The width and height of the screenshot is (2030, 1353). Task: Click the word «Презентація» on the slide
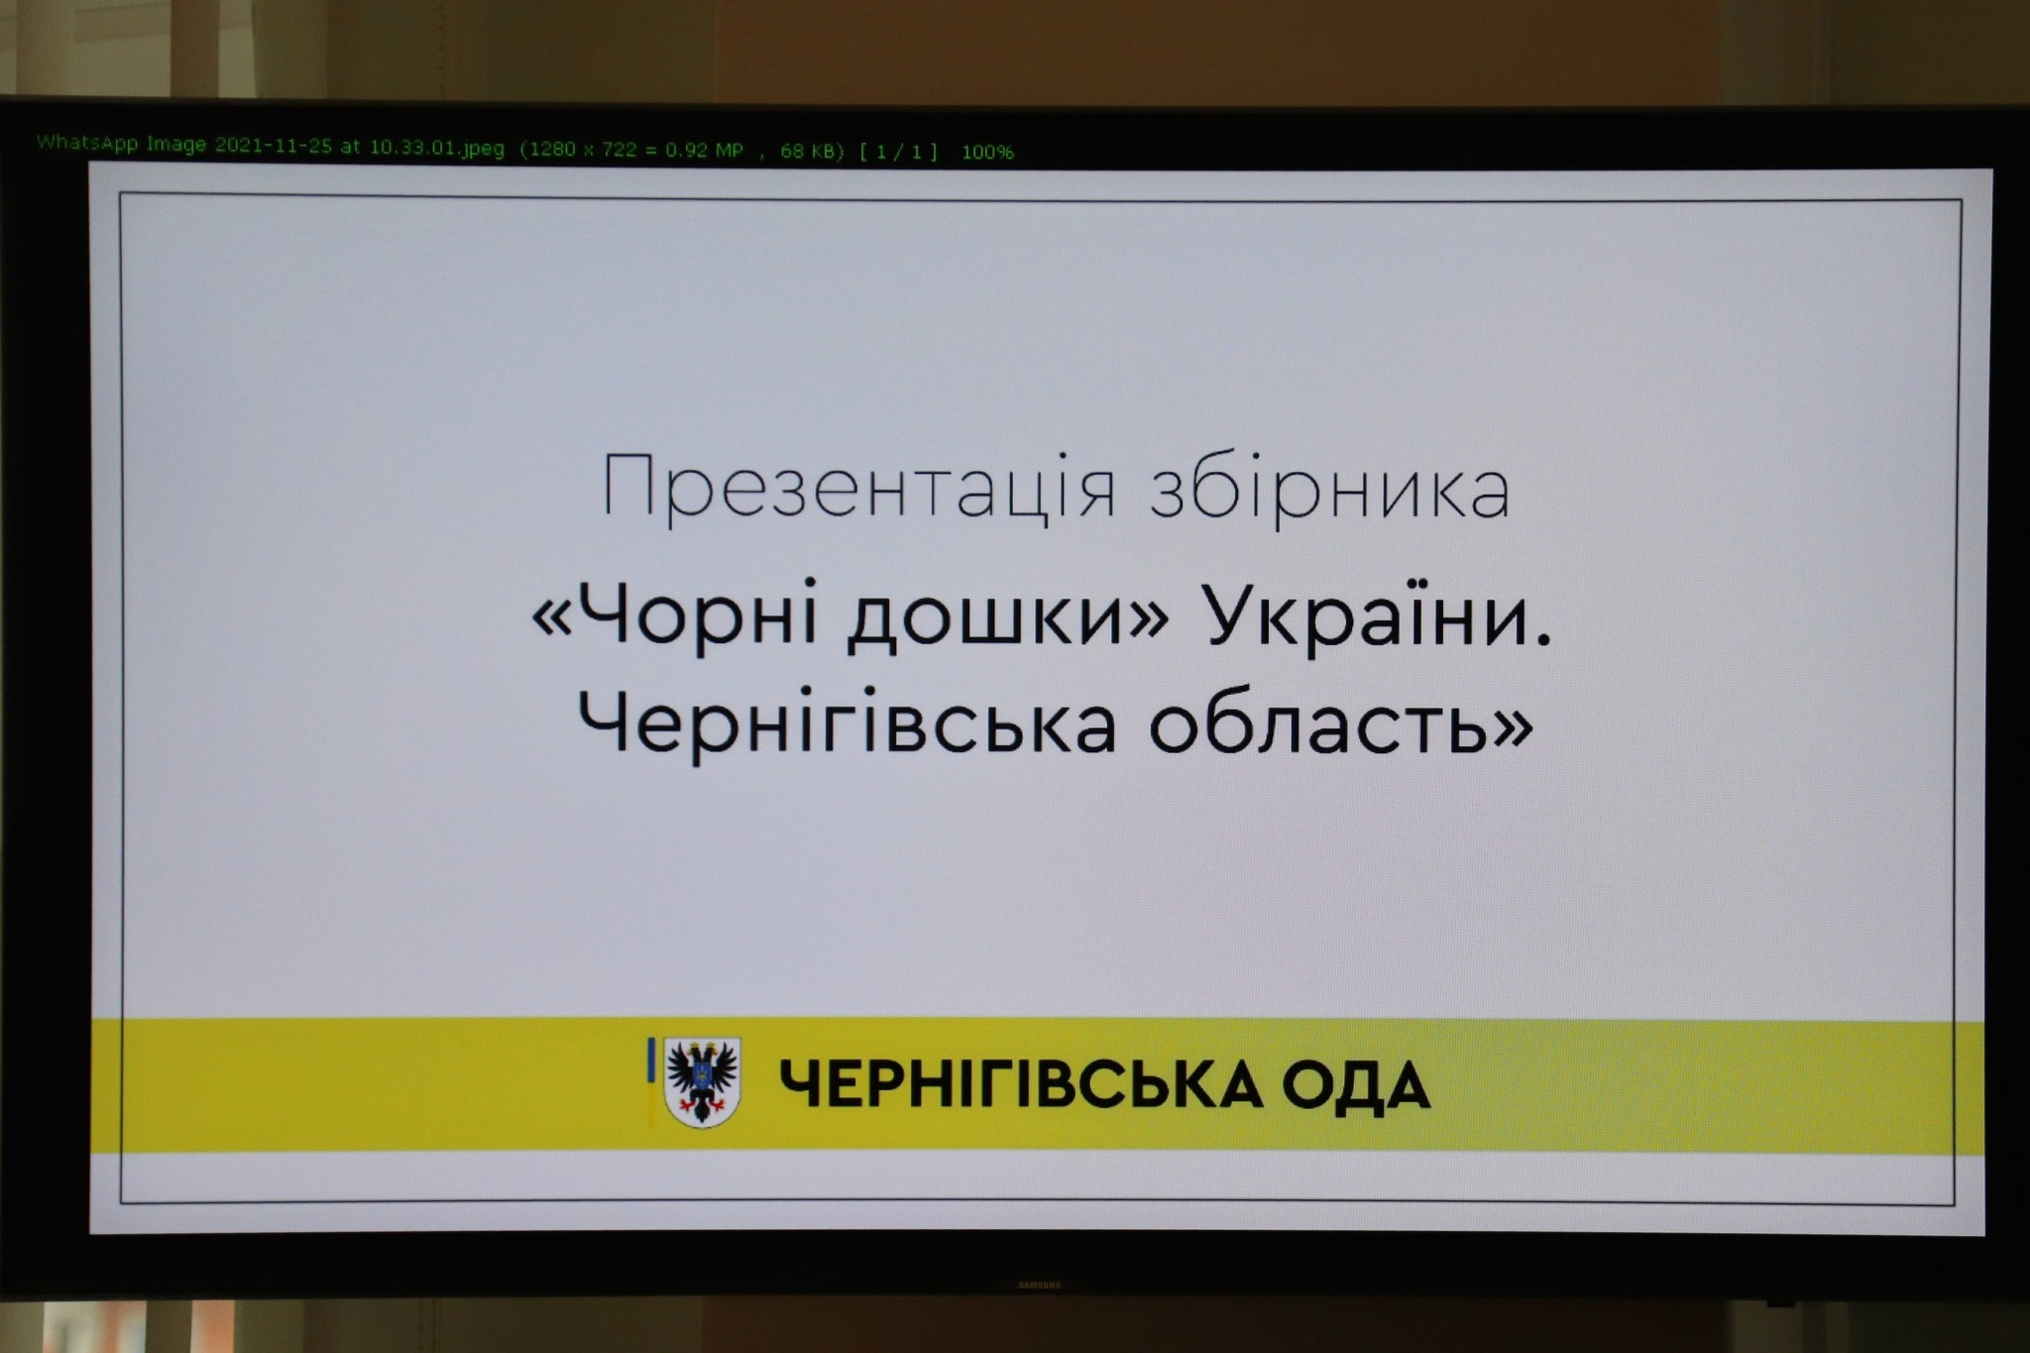pyautogui.click(x=859, y=489)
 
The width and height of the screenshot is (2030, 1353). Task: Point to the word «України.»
pyautogui.click(x=1379, y=615)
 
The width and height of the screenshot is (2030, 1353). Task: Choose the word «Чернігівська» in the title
pyautogui.click(x=847, y=724)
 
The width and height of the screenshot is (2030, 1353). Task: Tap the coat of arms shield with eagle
pyautogui.click(x=703, y=1081)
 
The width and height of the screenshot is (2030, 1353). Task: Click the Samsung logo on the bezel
pyautogui.click(x=1040, y=1286)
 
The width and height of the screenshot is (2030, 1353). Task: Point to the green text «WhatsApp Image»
pyautogui.click(x=121, y=143)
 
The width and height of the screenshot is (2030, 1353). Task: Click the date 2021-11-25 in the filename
pyautogui.click(x=274, y=145)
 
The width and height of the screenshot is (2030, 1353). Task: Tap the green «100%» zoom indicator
pyautogui.click(x=987, y=153)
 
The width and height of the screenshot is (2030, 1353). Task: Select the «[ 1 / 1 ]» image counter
pyautogui.click(x=898, y=152)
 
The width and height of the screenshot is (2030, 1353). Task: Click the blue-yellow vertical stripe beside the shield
pyautogui.click(x=651, y=1081)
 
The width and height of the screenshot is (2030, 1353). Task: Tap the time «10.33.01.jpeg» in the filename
pyautogui.click(x=437, y=148)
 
